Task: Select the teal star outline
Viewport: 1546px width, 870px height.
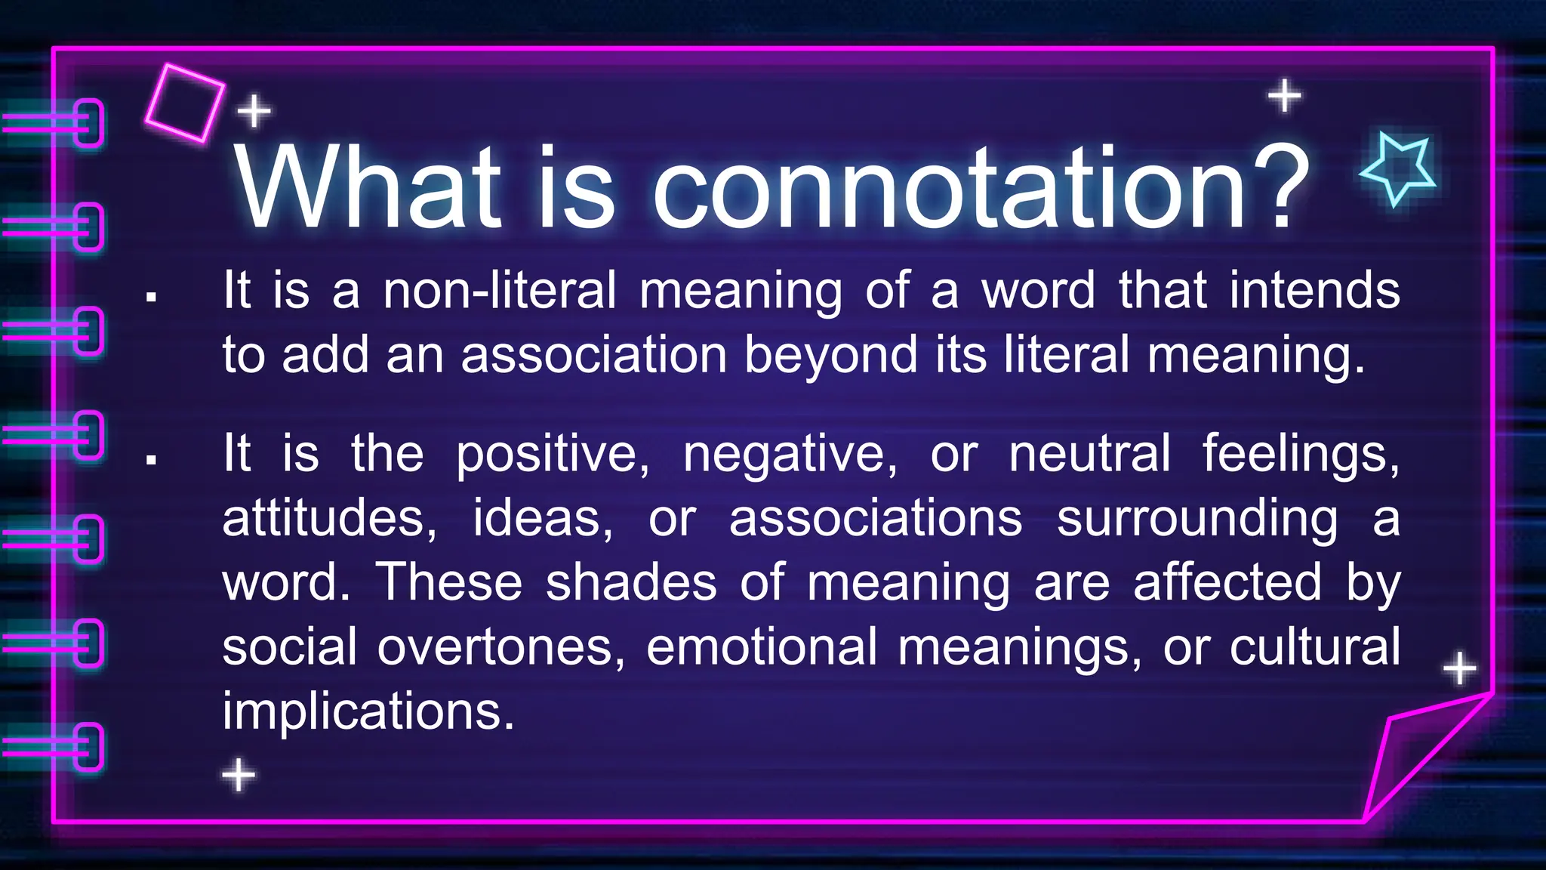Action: (1398, 168)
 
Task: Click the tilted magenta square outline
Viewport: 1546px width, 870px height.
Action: (185, 103)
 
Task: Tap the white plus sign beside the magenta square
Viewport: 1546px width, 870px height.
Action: (254, 112)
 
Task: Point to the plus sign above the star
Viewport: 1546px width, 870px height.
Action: (1284, 96)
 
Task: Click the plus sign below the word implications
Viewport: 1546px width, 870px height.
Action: (239, 775)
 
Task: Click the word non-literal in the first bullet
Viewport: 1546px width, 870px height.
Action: (500, 291)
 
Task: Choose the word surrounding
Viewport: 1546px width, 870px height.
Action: (1197, 520)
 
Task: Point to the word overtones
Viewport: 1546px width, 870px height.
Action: (501, 648)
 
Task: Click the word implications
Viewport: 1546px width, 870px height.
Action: (368, 711)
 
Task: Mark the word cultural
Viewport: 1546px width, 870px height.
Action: (1314, 648)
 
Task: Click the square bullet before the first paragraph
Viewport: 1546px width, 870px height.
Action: (152, 298)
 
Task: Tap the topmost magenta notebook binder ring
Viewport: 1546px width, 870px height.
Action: (88, 122)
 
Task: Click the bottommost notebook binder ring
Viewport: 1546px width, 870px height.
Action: (88, 746)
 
